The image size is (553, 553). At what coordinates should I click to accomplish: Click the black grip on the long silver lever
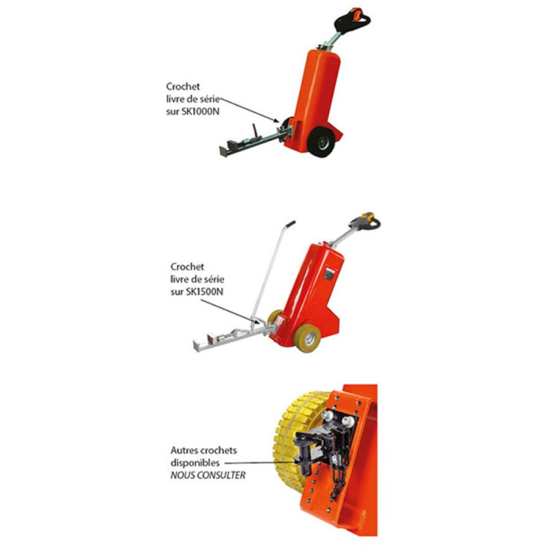coord(290,225)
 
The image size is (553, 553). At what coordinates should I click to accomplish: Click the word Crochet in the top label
coord(182,86)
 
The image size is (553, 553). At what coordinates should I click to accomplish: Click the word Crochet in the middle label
coord(187,265)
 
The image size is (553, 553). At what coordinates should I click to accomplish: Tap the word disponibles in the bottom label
coord(194,462)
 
